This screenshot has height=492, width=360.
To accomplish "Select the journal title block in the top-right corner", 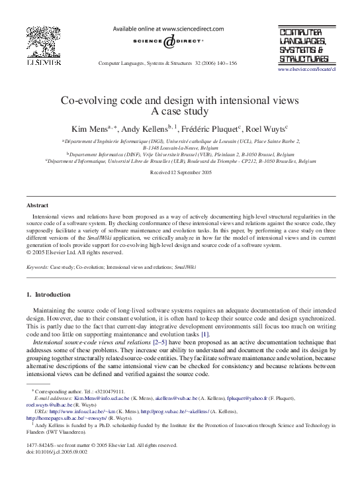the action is pos(305,45).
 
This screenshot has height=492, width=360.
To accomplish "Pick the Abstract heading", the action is pos(37,206).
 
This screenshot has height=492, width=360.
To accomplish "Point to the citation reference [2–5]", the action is pos(159,342).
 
